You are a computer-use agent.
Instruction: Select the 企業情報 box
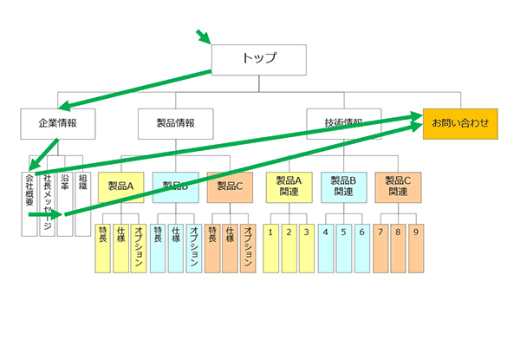(57, 123)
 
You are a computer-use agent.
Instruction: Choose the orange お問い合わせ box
(460, 123)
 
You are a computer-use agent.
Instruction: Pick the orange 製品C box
(230, 186)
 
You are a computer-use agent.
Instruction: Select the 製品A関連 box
(289, 186)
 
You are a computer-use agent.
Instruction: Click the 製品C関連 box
(399, 186)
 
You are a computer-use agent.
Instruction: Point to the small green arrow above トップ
(203, 36)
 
